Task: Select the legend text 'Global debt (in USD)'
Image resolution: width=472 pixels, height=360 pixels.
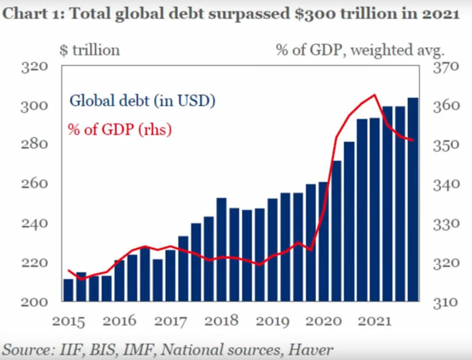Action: pyautogui.click(x=142, y=100)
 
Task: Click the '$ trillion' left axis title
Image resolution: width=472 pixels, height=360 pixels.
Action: pyautogui.click(x=90, y=50)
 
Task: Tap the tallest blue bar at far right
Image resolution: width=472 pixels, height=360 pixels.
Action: pyautogui.click(x=413, y=200)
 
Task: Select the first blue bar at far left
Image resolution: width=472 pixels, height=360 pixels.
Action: pyautogui.click(x=68, y=290)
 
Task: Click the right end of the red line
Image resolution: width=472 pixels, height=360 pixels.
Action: pyautogui.click(x=413, y=140)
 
